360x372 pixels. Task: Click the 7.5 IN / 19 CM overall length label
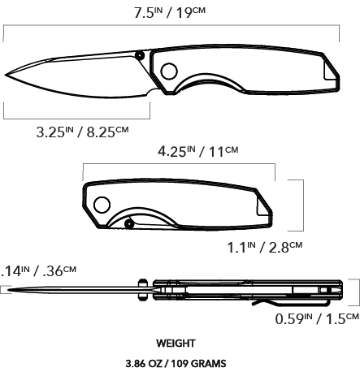click(x=170, y=13)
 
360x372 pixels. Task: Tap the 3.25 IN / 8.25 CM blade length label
click(x=82, y=132)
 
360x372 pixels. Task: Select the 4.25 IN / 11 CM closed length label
click(x=198, y=151)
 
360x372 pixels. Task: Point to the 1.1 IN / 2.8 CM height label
click(x=265, y=247)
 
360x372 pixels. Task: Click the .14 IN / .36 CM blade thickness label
click(x=38, y=271)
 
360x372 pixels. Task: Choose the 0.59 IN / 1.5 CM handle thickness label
click(x=317, y=318)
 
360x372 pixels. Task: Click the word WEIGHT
click(x=176, y=344)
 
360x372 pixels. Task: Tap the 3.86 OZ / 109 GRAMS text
click(x=176, y=363)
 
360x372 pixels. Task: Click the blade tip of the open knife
click(x=6, y=75)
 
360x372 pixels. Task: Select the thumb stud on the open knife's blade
click(x=140, y=56)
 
